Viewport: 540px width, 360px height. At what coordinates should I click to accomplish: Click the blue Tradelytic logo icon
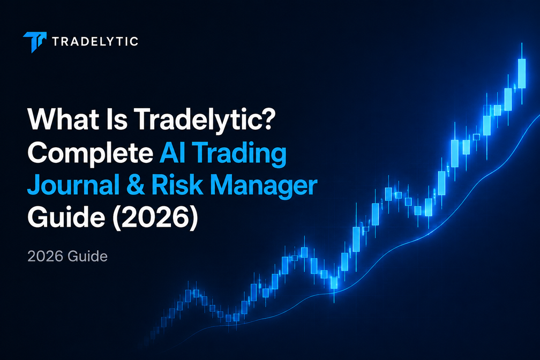[34, 42]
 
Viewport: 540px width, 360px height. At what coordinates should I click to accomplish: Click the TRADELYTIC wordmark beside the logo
[95, 42]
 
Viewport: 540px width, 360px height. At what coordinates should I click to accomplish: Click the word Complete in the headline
[90, 154]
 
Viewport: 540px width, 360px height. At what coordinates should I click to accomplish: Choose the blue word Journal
[73, 185]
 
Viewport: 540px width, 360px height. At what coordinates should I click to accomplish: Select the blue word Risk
[177, 185]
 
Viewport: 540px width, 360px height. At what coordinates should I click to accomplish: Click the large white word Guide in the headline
[66, 217]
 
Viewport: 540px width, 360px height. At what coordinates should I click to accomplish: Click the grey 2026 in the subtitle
[46, 256]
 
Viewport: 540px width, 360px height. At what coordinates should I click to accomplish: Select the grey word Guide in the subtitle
[87, 256]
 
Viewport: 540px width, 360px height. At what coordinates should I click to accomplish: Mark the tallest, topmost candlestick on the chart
[522, 73]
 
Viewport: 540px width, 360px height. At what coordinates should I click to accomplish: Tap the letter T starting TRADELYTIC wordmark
[56, 42]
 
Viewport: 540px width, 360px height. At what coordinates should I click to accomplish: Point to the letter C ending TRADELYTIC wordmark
[133, 42]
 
